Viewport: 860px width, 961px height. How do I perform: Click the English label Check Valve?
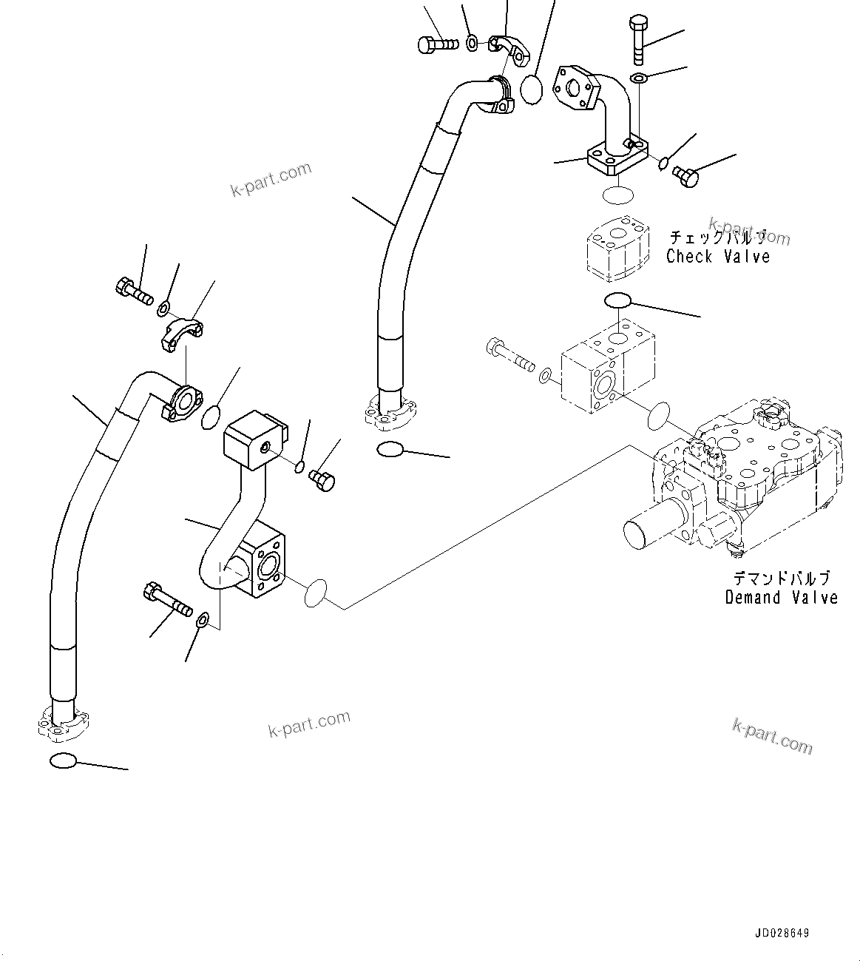tap(717, 257)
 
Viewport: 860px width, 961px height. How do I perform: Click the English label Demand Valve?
tap(781, 597)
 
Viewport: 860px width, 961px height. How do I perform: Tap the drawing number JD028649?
tap(782, 934)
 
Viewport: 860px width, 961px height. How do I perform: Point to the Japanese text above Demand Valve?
tap(781, 579)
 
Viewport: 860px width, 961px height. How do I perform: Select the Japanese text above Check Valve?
tap(717, 237)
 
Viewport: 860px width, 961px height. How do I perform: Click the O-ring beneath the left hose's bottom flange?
tap(62, 761)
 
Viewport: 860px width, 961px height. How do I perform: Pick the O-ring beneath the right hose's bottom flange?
tap(390, 448)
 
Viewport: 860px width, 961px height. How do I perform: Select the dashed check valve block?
tap(617, 249)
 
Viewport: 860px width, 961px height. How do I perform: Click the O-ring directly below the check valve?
tap(617, 300)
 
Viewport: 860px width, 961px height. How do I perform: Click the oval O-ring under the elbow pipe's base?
tap(617, 196)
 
